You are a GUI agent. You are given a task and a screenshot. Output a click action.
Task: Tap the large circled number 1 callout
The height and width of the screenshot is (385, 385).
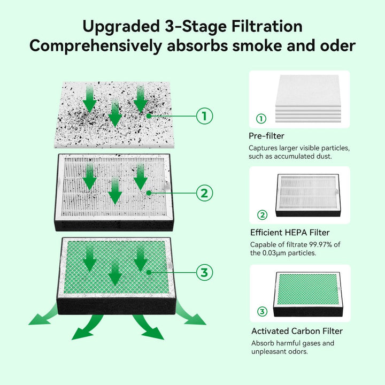pos(204,115)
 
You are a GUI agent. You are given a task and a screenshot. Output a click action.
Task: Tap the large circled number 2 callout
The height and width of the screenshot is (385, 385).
pos(204,194)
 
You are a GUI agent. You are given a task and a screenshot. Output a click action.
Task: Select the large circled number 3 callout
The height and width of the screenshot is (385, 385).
pos(204,272)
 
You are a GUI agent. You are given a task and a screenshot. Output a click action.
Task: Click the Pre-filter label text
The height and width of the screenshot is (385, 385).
pos(266,136)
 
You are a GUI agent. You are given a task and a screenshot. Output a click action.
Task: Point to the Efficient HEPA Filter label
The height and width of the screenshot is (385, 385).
pos(290,233)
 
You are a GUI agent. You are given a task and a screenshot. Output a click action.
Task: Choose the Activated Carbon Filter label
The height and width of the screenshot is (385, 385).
pos(296,331)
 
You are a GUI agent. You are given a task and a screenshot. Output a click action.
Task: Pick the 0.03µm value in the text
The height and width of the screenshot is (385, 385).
pos(274,253)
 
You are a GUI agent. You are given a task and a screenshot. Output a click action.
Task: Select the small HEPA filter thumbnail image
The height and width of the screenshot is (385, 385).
pos(307,195)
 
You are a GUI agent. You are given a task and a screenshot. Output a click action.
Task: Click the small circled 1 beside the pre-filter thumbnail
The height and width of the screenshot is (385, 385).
pos(261,119)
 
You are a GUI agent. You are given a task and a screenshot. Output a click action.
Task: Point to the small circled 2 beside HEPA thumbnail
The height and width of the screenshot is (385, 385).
pos(262,215)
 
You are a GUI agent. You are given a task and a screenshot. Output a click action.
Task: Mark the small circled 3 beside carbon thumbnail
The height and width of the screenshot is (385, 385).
pos(262,312)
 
